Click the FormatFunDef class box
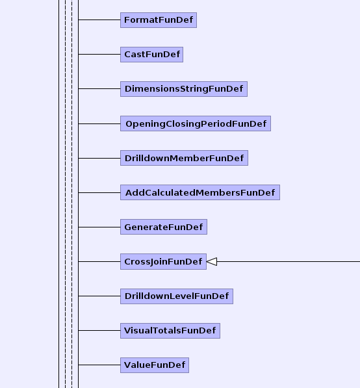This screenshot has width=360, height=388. pyautogui.click(x=159, y=20)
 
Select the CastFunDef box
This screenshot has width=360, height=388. pyautogui.click(x=151, y=55)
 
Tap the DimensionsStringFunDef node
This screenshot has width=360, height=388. pyautogui.click(x=184, y=89)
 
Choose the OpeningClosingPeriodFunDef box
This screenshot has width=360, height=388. pyautogui.click(x=196, y=123)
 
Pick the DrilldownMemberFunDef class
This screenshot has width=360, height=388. pyautogui.click(x=184, y=158)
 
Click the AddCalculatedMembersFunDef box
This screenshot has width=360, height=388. pyautogui.click(x=200, y=192)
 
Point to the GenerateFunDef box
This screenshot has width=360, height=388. pyautogui.click(x=164, y=227)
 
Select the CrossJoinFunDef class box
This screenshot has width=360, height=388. pyautogui.click(x=163, y=261)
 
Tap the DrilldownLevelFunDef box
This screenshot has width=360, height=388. pyautogui.click(x=177, y=296)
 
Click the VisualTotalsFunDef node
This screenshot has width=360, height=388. pyautogui.click(x=170, y=331)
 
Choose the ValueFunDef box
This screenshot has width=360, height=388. pyautogui.click(x=155, y=365)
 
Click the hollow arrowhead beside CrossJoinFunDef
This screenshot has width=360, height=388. pyautogui.click(x=212, y=261)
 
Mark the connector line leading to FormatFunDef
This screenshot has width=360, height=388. pyautogui.click(x=99, y=19)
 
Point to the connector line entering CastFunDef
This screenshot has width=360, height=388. pyautogui.click(x=99, y=54)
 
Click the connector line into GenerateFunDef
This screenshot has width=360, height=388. pyautogui.click(x=99, y=227)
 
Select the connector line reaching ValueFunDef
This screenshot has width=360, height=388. pyautogui.click(x=99, y=365)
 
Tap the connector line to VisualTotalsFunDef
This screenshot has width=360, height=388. pyautogui.click(x=99, y=330)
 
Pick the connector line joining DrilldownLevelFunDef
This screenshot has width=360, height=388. pyautogui.click(x=99, y=296)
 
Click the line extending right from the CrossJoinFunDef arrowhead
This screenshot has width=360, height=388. pyautogui.click(x=289, y=261)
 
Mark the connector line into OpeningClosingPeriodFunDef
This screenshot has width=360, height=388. pyautogui.click(x=99, y=123)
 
